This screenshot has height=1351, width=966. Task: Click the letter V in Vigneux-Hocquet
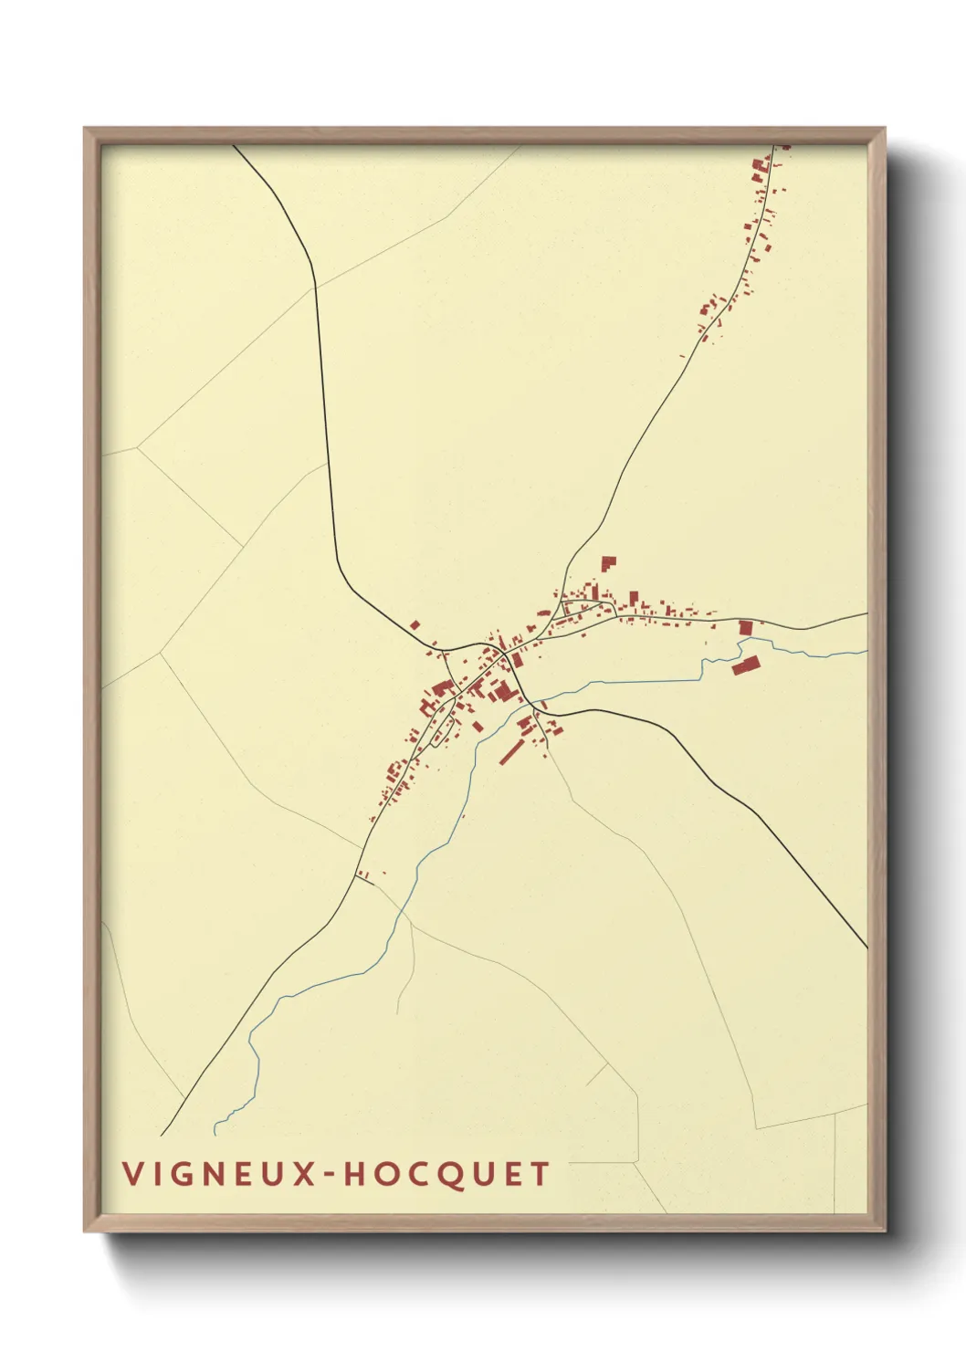[x=131, y=1174]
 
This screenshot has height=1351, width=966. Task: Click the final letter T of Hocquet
[x=542, y=1174]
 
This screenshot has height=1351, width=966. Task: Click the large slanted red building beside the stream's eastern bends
[x=746, y=665]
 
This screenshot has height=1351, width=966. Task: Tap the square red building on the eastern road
[x=745, y=628]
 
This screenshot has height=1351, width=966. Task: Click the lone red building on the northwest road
[x=415, y=625]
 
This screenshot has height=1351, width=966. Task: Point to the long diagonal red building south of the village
[x=509, y=752]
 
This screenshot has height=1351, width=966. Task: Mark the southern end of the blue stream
[x=215, y=1133]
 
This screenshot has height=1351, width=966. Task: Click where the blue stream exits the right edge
[x=865, y=652]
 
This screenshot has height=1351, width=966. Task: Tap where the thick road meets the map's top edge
[x=235, y=146]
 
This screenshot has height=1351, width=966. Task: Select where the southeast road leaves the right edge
[x=865, y=947]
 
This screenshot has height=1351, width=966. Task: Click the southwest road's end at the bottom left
[x=163, y=1135]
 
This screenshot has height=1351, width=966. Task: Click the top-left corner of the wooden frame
[x=86, y=129]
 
